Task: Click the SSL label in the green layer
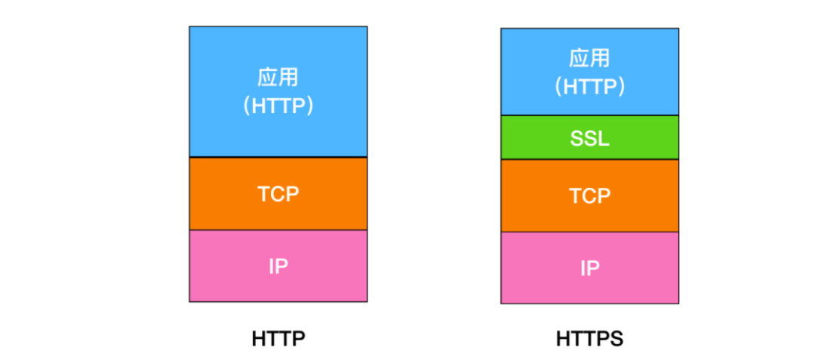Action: tap(589, 138)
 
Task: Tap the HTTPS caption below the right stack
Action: tap(589, 339)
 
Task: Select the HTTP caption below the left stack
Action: tap(278, 339)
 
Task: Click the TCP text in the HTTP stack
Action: tap(278, 194)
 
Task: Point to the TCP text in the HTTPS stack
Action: tap(589, 195)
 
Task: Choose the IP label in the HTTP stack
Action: tap(278, 266)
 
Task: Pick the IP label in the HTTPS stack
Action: tap(589, 268)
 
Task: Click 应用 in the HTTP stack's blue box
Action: tap(278, 78)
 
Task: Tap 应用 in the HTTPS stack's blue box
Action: tap(589, 58)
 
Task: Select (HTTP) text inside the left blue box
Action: tap(278, 106)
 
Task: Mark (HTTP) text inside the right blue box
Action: tap(589, 86)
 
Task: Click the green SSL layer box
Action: tap(589, 137)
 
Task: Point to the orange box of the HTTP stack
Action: tap(278, 194)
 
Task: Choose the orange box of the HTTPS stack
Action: tap(589, 195)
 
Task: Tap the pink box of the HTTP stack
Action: tap(278, 266)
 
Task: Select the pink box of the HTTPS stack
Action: tap(589, 268)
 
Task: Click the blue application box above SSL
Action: tap(589, 72)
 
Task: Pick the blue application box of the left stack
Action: tap(278, 91)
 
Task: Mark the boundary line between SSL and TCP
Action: tap(589, 159)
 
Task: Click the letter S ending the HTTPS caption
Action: tap(617, 339)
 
